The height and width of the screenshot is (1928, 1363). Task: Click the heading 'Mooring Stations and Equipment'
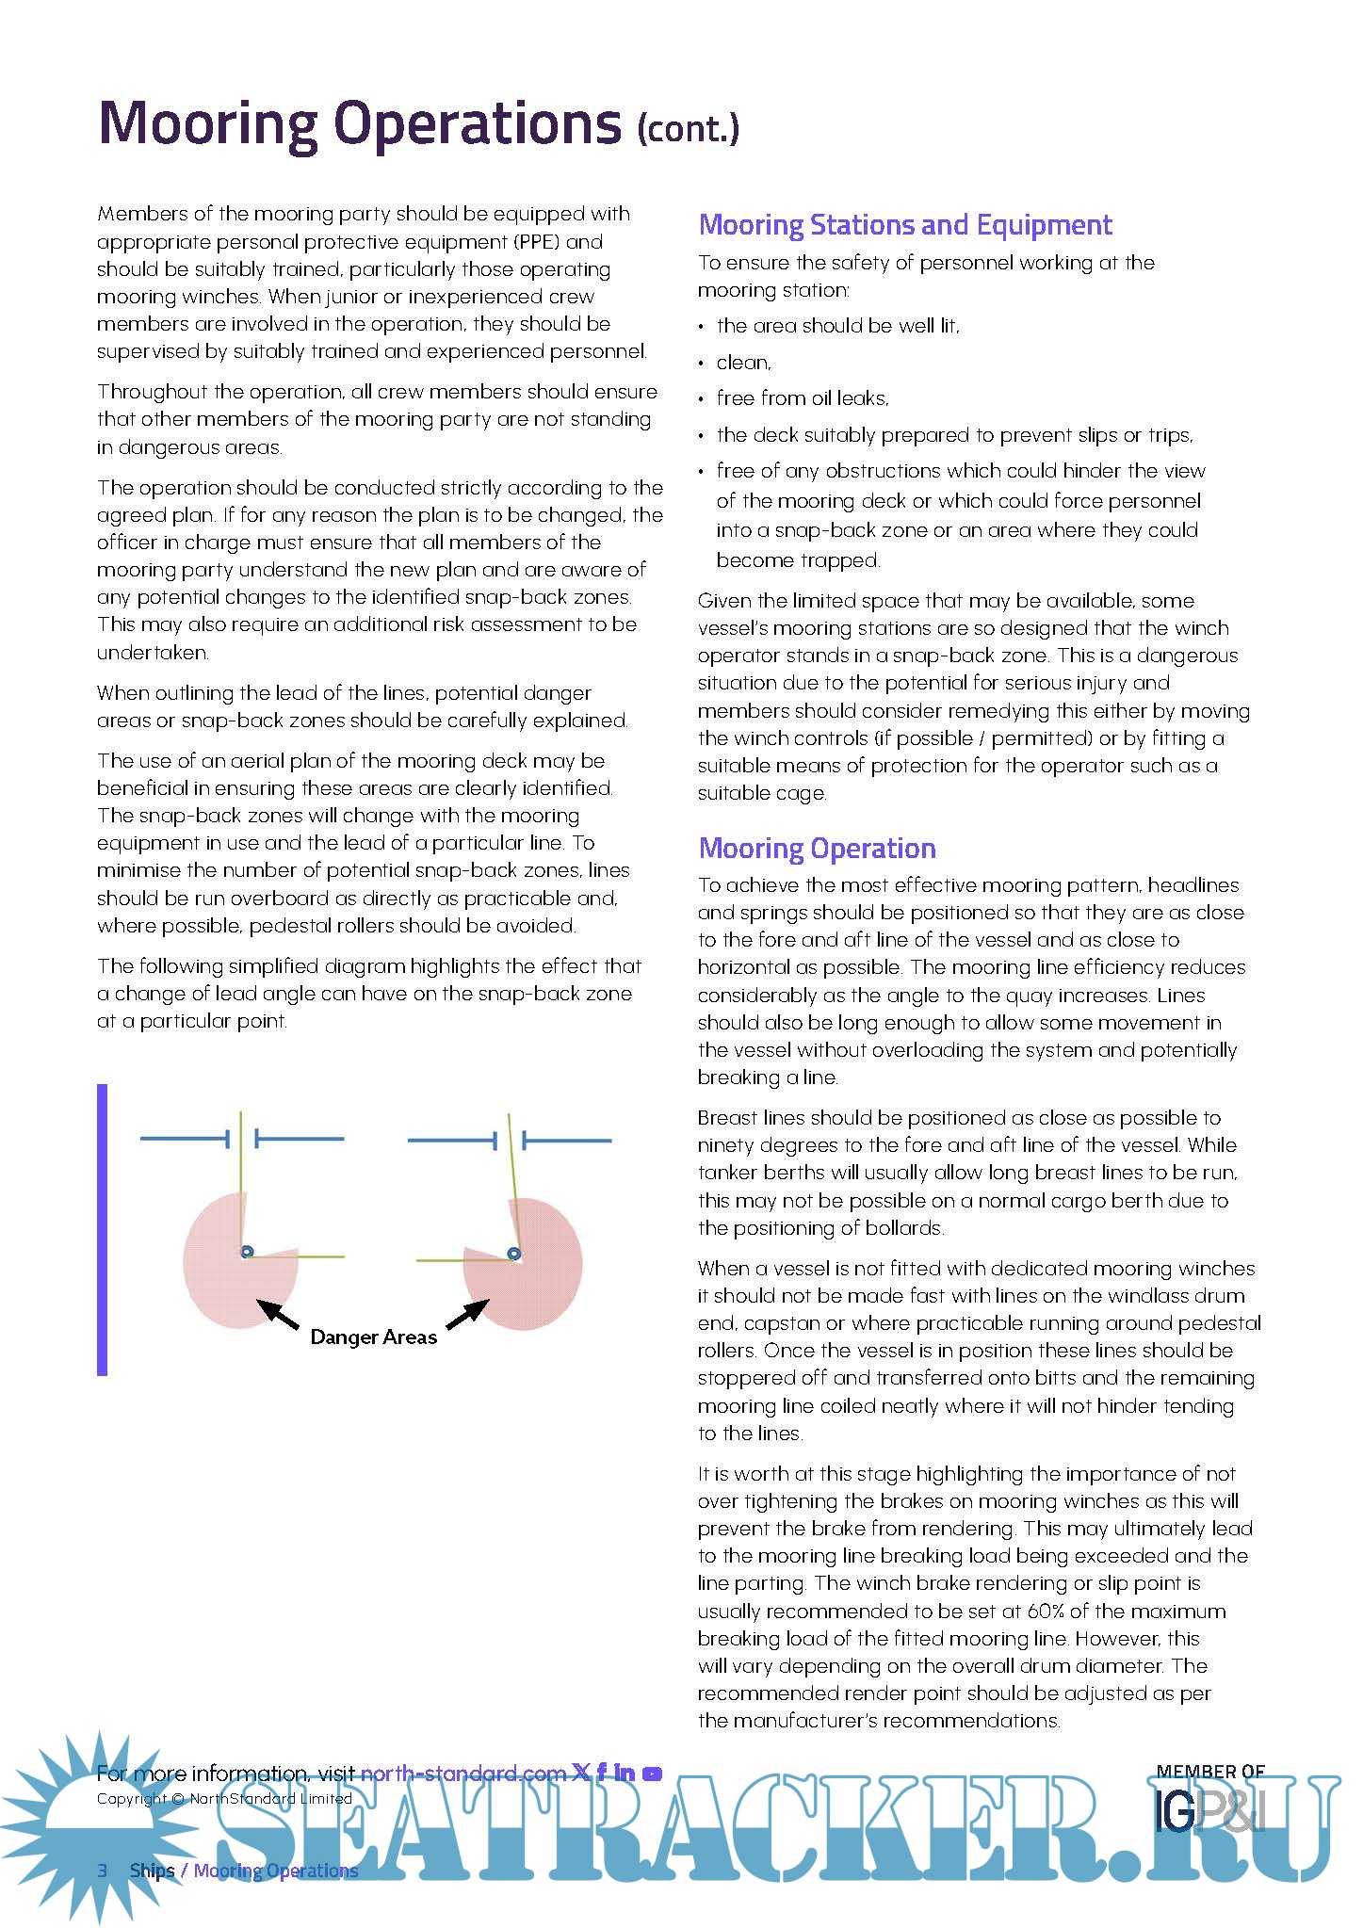(904, 225)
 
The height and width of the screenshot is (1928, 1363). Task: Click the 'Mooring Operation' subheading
(817, 849)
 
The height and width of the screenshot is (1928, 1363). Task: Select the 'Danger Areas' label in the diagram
(373, 1337)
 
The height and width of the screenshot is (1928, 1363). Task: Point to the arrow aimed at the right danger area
(468, 1314)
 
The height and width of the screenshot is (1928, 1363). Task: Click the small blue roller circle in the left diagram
(247, 1252)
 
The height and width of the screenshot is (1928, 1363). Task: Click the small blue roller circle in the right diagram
(513, 1254)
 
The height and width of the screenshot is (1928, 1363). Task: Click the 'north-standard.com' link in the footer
(462, 1774)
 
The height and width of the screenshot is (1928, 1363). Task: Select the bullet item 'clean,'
(743, 363)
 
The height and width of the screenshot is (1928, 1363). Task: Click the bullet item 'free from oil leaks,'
(802, 398)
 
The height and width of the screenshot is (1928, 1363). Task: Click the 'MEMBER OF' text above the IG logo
(1209, 1772)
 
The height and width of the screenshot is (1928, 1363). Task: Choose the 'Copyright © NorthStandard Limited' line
(224, 1798)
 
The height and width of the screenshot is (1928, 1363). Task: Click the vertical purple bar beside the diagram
(102, 1229)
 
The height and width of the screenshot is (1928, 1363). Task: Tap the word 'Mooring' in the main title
(207, 123)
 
